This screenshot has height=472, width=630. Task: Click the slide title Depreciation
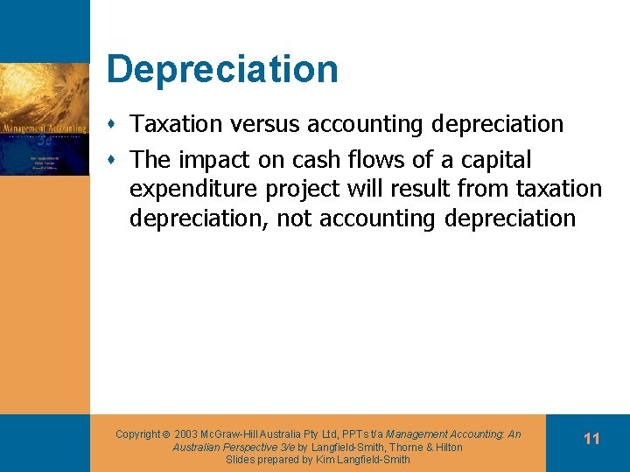click(x=221, y=69)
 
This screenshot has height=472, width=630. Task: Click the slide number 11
click(x=591, y=439)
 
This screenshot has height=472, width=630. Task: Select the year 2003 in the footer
click(x=185, y=434)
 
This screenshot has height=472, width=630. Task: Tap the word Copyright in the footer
click(x=138, y=434)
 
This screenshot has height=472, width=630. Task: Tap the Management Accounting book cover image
click(x=45, y=119)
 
